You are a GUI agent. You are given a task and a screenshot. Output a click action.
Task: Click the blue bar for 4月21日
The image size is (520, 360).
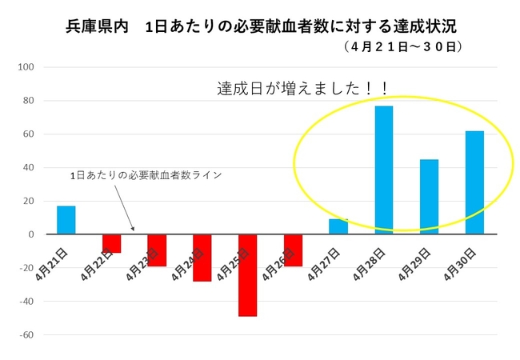click(66, 220)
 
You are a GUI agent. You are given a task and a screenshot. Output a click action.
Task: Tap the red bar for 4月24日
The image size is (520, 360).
click(202, 258)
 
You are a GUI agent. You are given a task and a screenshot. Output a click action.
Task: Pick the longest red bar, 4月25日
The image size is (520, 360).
click(247, 275)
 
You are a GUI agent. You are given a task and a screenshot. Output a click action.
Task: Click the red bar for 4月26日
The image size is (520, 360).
click(293, 250)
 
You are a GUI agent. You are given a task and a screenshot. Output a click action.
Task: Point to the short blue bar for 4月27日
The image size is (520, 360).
click(338, 226)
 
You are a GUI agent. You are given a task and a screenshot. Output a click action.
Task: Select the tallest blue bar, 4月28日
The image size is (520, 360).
click(384, 170)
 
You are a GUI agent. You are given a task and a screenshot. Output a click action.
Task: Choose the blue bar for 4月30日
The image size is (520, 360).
click(474, 182)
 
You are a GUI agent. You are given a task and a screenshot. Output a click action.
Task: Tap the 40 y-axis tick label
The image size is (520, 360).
click(26, 168)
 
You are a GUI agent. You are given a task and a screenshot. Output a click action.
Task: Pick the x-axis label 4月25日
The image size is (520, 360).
click(238, 260)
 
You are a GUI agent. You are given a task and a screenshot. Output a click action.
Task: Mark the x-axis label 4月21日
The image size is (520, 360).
click(57, 260)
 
